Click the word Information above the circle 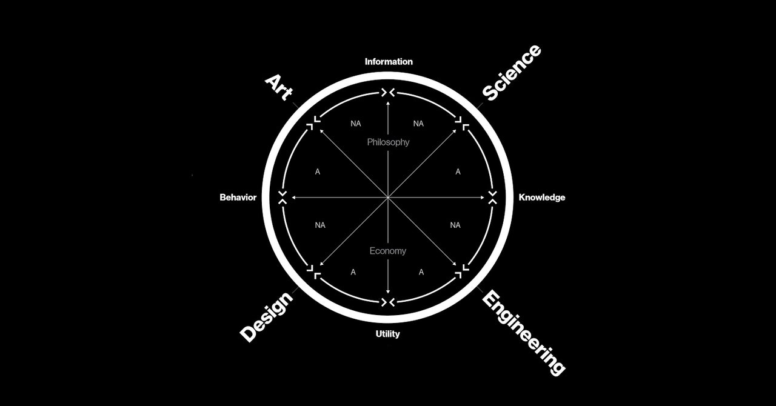point(389,62)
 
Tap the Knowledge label point(542,198)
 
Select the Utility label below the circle point(387,334)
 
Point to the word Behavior point(238,198)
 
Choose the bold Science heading point(512,73)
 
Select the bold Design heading point(266,316)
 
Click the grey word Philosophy point(388,142)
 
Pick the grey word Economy point(388,251)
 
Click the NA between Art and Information point(356,124)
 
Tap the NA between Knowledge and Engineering point(455,225)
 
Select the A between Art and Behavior point(317,172)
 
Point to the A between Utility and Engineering point(421,272)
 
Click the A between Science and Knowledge point(458,172)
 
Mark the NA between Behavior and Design point(320,225)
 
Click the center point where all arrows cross point(388,198)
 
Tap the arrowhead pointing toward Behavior point(294,198)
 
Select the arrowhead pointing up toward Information point(388,104)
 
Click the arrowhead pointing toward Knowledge point(482,198)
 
